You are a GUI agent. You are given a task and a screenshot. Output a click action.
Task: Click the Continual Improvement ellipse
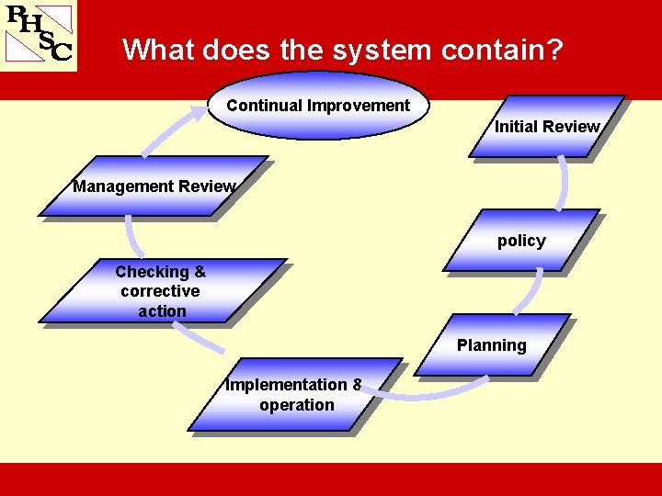(x=318, y=106)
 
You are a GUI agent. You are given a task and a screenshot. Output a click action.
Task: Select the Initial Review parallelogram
(x=546, y=127)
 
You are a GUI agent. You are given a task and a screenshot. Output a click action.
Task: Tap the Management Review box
(x=154, y=186)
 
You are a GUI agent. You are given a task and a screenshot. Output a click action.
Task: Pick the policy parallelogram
(x=521, y=241)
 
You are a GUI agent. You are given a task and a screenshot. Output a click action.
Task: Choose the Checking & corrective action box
(x=162, y=291)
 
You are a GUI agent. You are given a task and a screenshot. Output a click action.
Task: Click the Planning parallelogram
(x=492, y=345)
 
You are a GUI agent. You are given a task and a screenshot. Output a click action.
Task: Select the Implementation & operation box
(x=295, y=395)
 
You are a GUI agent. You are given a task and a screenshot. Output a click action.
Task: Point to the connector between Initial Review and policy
(x=562, y=184)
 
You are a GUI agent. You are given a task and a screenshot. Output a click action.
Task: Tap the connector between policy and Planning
(x=531, y=292)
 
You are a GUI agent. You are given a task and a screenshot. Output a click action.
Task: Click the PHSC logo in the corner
(x=39, y=34)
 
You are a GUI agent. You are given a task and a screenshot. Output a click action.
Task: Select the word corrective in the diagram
(x=160, y=291)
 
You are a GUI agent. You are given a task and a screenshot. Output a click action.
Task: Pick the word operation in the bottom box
(x=297, y=405)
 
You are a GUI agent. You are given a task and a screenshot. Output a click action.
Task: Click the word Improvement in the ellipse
(x=359, y=106)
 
